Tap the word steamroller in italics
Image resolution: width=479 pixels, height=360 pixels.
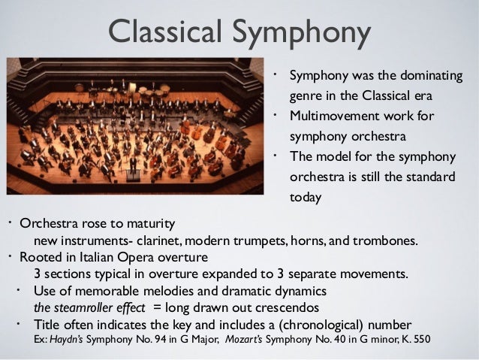pyautogui.click(x=85, y=307)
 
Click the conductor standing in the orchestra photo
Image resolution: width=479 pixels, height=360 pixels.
pyautogui.click(x=134, y=165)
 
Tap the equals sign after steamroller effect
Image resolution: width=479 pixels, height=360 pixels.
pyautogui.click(x=158, y=307)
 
